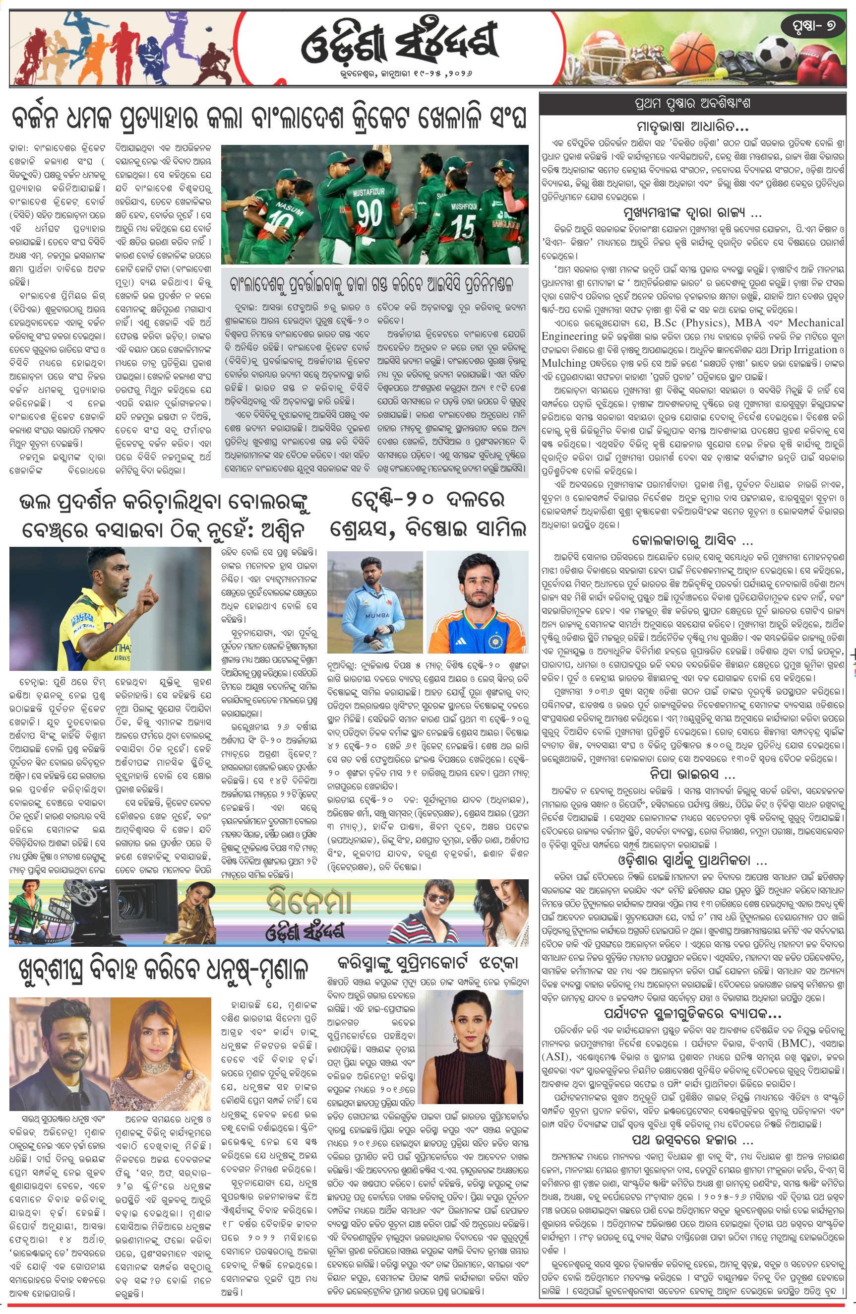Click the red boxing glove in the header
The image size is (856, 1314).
(x=829, y=69)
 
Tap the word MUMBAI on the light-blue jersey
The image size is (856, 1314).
(x=377, y=614)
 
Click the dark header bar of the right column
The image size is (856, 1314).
(x=692, y=103)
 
